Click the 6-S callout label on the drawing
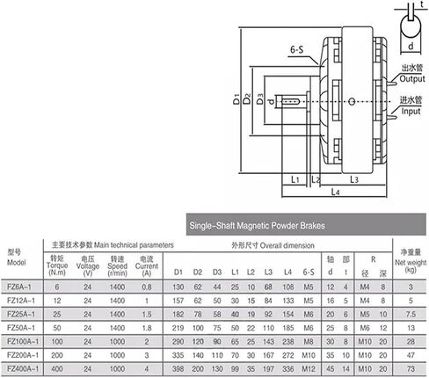296,50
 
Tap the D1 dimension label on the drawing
236,99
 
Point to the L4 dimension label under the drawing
335,192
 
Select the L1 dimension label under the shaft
295,179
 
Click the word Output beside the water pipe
412,79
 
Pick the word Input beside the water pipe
411,112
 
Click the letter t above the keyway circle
422,4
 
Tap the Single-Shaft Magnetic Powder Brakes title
257,225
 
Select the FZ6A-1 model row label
19,287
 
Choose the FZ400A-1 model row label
23,368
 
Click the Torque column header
57,265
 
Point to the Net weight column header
411,261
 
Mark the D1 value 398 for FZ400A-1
178,368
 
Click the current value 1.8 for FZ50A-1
147,328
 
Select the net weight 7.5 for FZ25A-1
411,314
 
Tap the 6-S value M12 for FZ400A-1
309,368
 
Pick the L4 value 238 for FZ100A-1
288,341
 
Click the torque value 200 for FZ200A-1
57,355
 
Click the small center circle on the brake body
353,102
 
